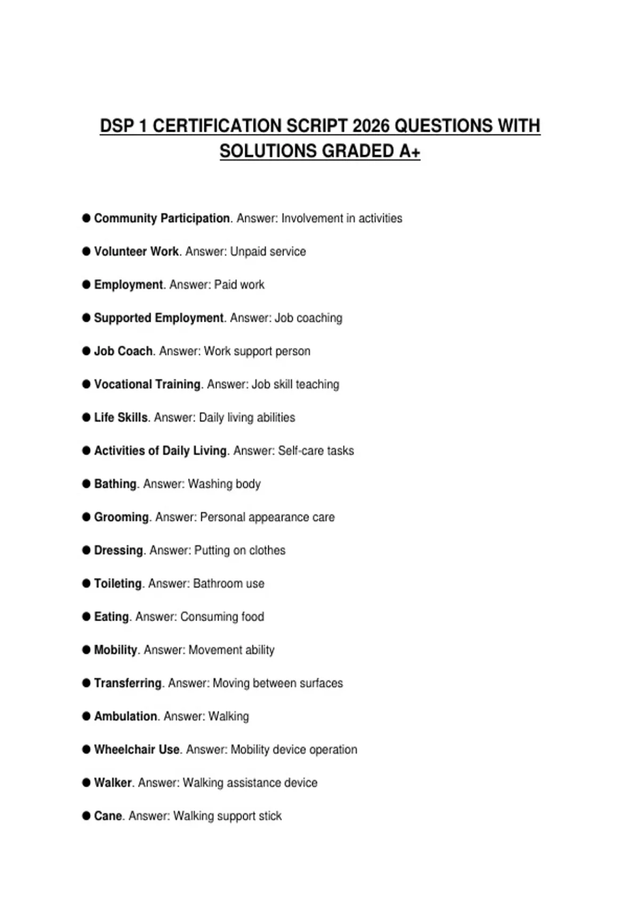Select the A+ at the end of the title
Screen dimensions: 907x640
click(409, 151)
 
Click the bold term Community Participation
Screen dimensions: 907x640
click(162, 218)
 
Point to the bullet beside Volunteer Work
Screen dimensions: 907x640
click(86, 251)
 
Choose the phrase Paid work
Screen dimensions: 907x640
click(239, 285)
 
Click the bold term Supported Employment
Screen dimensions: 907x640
click(158, 318)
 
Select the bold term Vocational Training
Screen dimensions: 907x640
click(147, 384)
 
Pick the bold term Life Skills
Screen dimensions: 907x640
click(121, 417)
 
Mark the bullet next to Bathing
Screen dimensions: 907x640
click(86, 484)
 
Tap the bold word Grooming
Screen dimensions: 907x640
click(121, 517)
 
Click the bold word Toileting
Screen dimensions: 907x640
click(118, 583)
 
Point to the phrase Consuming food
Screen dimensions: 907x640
click(222, 617)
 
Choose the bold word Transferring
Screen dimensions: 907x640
click(127, 683)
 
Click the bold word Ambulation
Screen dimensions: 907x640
click(125, 716)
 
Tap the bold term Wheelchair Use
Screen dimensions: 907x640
click(137, 750)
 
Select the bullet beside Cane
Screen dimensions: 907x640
click(86, 816)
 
